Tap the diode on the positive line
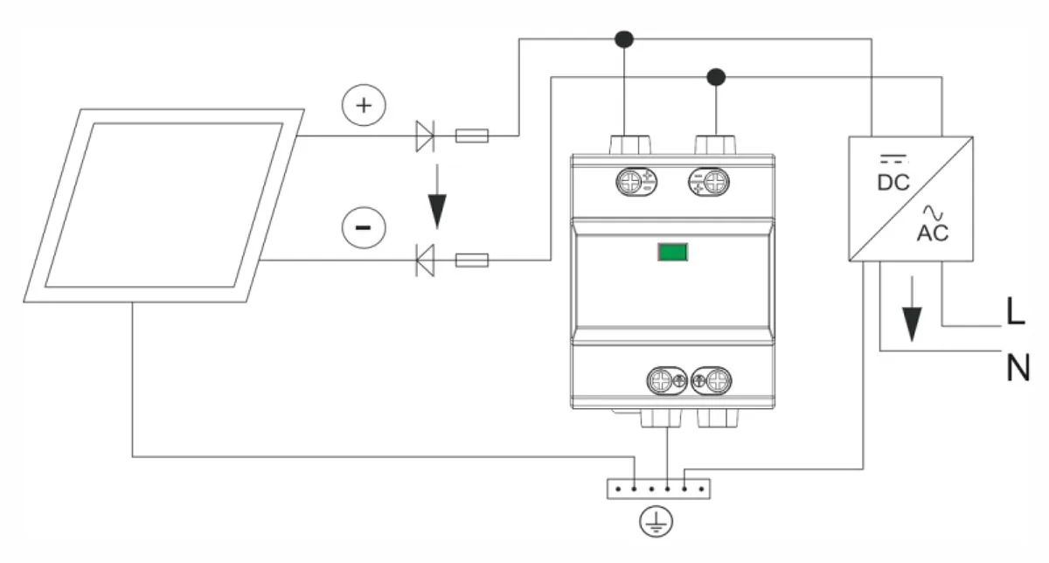point(425,136)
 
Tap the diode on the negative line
point(425,260)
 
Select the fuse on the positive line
point(472,136)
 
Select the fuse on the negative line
point(472,260)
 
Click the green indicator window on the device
point(672,252)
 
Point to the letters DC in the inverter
point(893,183)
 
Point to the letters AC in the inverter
point(933,233)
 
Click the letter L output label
point(1015,311)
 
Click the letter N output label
point(1018,368)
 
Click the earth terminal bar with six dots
point(658,489)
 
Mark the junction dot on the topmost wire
point(624,39)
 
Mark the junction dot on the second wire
point(716,77)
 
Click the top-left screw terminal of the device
point(636,182)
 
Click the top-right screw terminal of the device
point(709,182)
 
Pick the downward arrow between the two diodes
point(437,197)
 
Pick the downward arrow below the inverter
point(912,309)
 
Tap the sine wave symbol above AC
point(933,213)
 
